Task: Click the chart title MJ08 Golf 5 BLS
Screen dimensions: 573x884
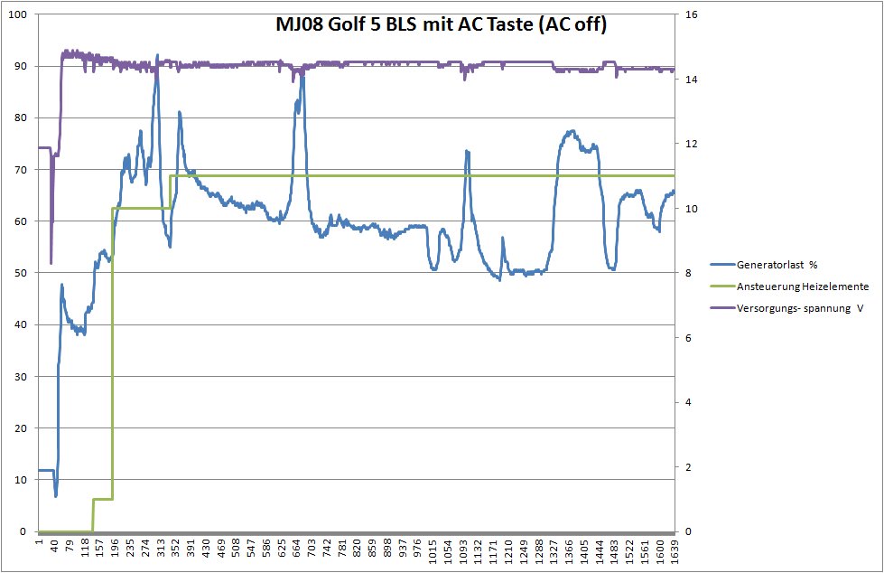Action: click(x=442, y=25)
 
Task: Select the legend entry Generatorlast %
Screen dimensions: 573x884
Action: click(x=777, y=265)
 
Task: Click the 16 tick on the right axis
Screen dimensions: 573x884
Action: click(x=690, y=15)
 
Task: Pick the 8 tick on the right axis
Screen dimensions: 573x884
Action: click(x=687, y=273)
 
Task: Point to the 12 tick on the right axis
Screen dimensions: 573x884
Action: click(x=690, y=145)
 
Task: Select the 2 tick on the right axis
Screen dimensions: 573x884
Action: click(x=687, y=467)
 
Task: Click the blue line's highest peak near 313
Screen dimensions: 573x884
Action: click(x=157, y=56)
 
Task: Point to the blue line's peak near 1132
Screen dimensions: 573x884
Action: click(x=467, y=152)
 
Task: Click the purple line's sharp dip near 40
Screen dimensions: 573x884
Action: click(x=51, y=262)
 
